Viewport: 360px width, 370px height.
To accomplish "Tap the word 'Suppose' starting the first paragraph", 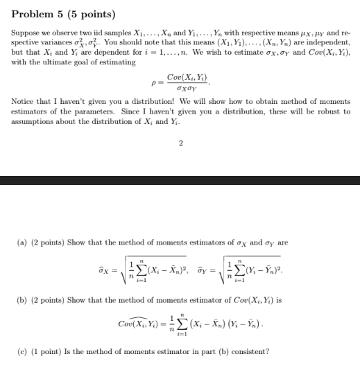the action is (x=24, y=33).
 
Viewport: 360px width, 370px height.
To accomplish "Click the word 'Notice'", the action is (x=22, y=102).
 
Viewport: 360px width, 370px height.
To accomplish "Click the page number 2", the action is (x=180, y=143).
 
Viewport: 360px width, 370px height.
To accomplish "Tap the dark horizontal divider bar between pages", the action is (x=180, y=180).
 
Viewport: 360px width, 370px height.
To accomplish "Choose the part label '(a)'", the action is (x=23, y=243).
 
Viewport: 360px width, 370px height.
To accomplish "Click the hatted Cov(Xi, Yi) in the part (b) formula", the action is (x=141, y=322).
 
